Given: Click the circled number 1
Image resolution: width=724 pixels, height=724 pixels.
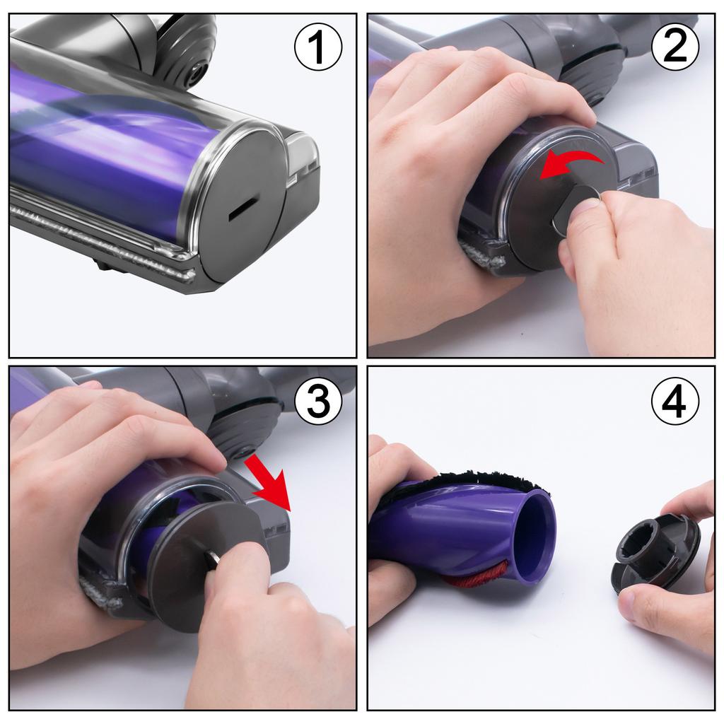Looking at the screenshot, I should click(318, 49).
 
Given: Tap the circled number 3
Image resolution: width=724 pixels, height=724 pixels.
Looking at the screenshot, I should click(317, 402).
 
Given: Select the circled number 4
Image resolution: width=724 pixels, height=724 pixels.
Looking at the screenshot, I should click(675, 402).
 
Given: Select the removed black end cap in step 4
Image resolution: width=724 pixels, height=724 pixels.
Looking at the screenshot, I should click(654, 551).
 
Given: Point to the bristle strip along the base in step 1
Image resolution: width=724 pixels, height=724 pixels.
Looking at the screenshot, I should click(99, 240).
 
